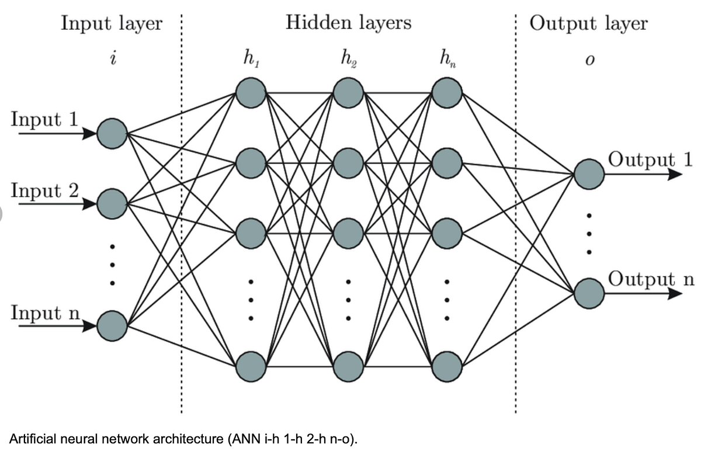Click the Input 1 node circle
(x=112, y=134)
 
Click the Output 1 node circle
(x=589, y=174)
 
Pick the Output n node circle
(x=589, y=293)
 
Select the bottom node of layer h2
(x=349, y=365)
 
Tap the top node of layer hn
(x=447, y=92)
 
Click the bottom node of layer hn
(x=447, y=365)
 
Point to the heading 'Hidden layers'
(x=349, y=23)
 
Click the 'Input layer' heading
(x=112, y=24)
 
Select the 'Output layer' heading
(x=589, y=24)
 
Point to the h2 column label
(x=349, y=59)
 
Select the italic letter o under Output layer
(x=589, y=61)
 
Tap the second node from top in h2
(x=349, y=159)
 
